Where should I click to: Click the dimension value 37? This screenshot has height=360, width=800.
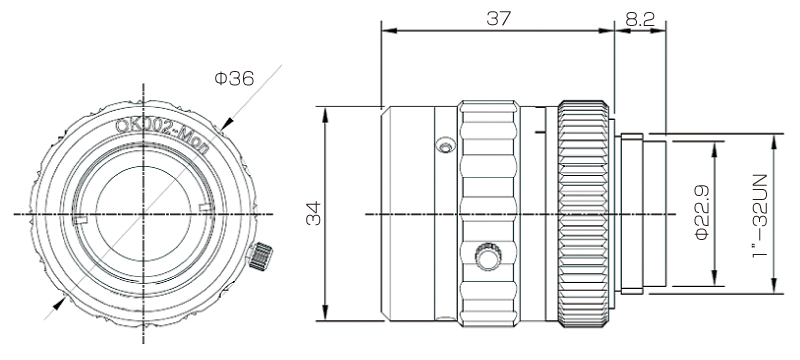click(x=498, y=18)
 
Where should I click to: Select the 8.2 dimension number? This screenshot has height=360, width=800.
click(x=639, y=19)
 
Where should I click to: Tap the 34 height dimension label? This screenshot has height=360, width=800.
click(x=313, y=214)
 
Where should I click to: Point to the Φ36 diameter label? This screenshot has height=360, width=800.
click(x=234, y=78)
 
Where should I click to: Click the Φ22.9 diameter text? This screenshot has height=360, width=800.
click(x=702, y=213)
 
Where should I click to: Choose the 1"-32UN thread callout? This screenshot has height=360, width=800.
click(x=760, y=216)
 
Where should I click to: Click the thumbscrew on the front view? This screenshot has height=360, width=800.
click(x=260, y=256)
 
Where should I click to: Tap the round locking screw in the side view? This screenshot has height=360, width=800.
click(x=487, y=256)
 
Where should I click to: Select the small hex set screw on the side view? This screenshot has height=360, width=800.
click(x=445, y=145)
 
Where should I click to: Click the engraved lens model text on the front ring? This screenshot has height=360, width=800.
click(x=162, y=135)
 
